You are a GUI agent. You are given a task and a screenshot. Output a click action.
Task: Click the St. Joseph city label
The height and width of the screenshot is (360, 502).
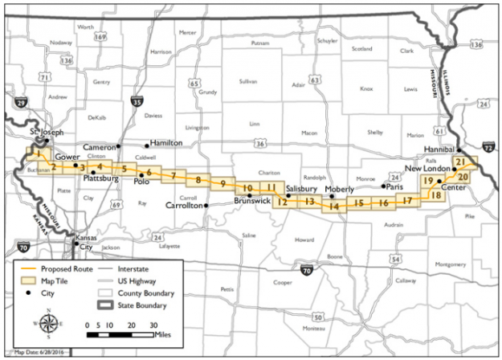pyautogui.click(x=44, y=133)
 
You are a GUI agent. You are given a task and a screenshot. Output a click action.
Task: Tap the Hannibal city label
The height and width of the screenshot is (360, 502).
pyautogui.click(x=437, y=150)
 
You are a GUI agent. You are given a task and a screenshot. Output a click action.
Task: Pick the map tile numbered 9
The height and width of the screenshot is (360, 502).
pyautogui.click(x=223, y=183)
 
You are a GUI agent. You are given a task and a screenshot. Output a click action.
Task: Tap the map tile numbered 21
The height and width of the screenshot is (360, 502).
pyautogui.click(x=461, y=163)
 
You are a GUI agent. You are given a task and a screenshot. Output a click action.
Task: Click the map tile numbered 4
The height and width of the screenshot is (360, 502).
pyautogui.click(x=100, y=166)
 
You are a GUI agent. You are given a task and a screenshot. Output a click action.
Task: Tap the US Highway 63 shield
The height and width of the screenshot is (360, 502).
pyautogui.click(x=316, y=80)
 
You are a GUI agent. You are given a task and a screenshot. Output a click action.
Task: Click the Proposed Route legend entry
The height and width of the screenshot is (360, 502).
pyautogui.click(x=55, y=268)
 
